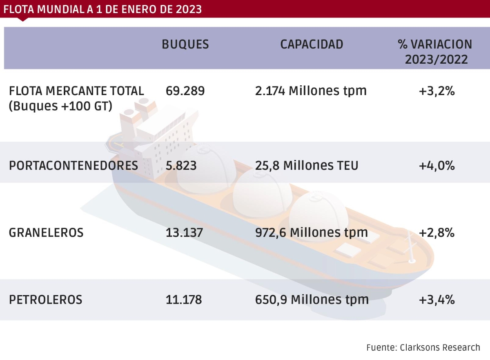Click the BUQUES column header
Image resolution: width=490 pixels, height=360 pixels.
click(185, 44)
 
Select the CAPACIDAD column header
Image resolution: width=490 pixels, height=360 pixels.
click(312, 44)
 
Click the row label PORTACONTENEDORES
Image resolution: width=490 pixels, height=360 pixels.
click(73, 166)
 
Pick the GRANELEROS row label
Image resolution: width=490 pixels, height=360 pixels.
click(46, 233)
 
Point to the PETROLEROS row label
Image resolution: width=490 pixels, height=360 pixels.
click(46, 300)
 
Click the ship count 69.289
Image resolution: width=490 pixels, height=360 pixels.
click(185, 91)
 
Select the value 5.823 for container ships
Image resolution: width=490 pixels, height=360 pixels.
click(181, 166)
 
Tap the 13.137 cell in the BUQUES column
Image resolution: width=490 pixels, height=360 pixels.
click(184, 233)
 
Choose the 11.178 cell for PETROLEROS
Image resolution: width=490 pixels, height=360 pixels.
click(184, 300)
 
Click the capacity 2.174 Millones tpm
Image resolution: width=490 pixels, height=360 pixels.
click(310, 91)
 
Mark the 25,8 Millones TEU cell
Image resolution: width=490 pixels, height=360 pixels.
click(306, 166)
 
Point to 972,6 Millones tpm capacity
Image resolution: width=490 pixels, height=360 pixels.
click(311, 233)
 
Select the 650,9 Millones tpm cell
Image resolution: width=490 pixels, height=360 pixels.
click(312, 300)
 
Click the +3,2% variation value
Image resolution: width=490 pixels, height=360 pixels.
click(437, 91)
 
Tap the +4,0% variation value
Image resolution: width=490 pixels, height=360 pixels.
click(437, 166)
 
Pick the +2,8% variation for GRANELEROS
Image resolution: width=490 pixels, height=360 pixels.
click(437, 233)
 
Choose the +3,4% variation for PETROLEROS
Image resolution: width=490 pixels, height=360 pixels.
click(437, 300)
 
